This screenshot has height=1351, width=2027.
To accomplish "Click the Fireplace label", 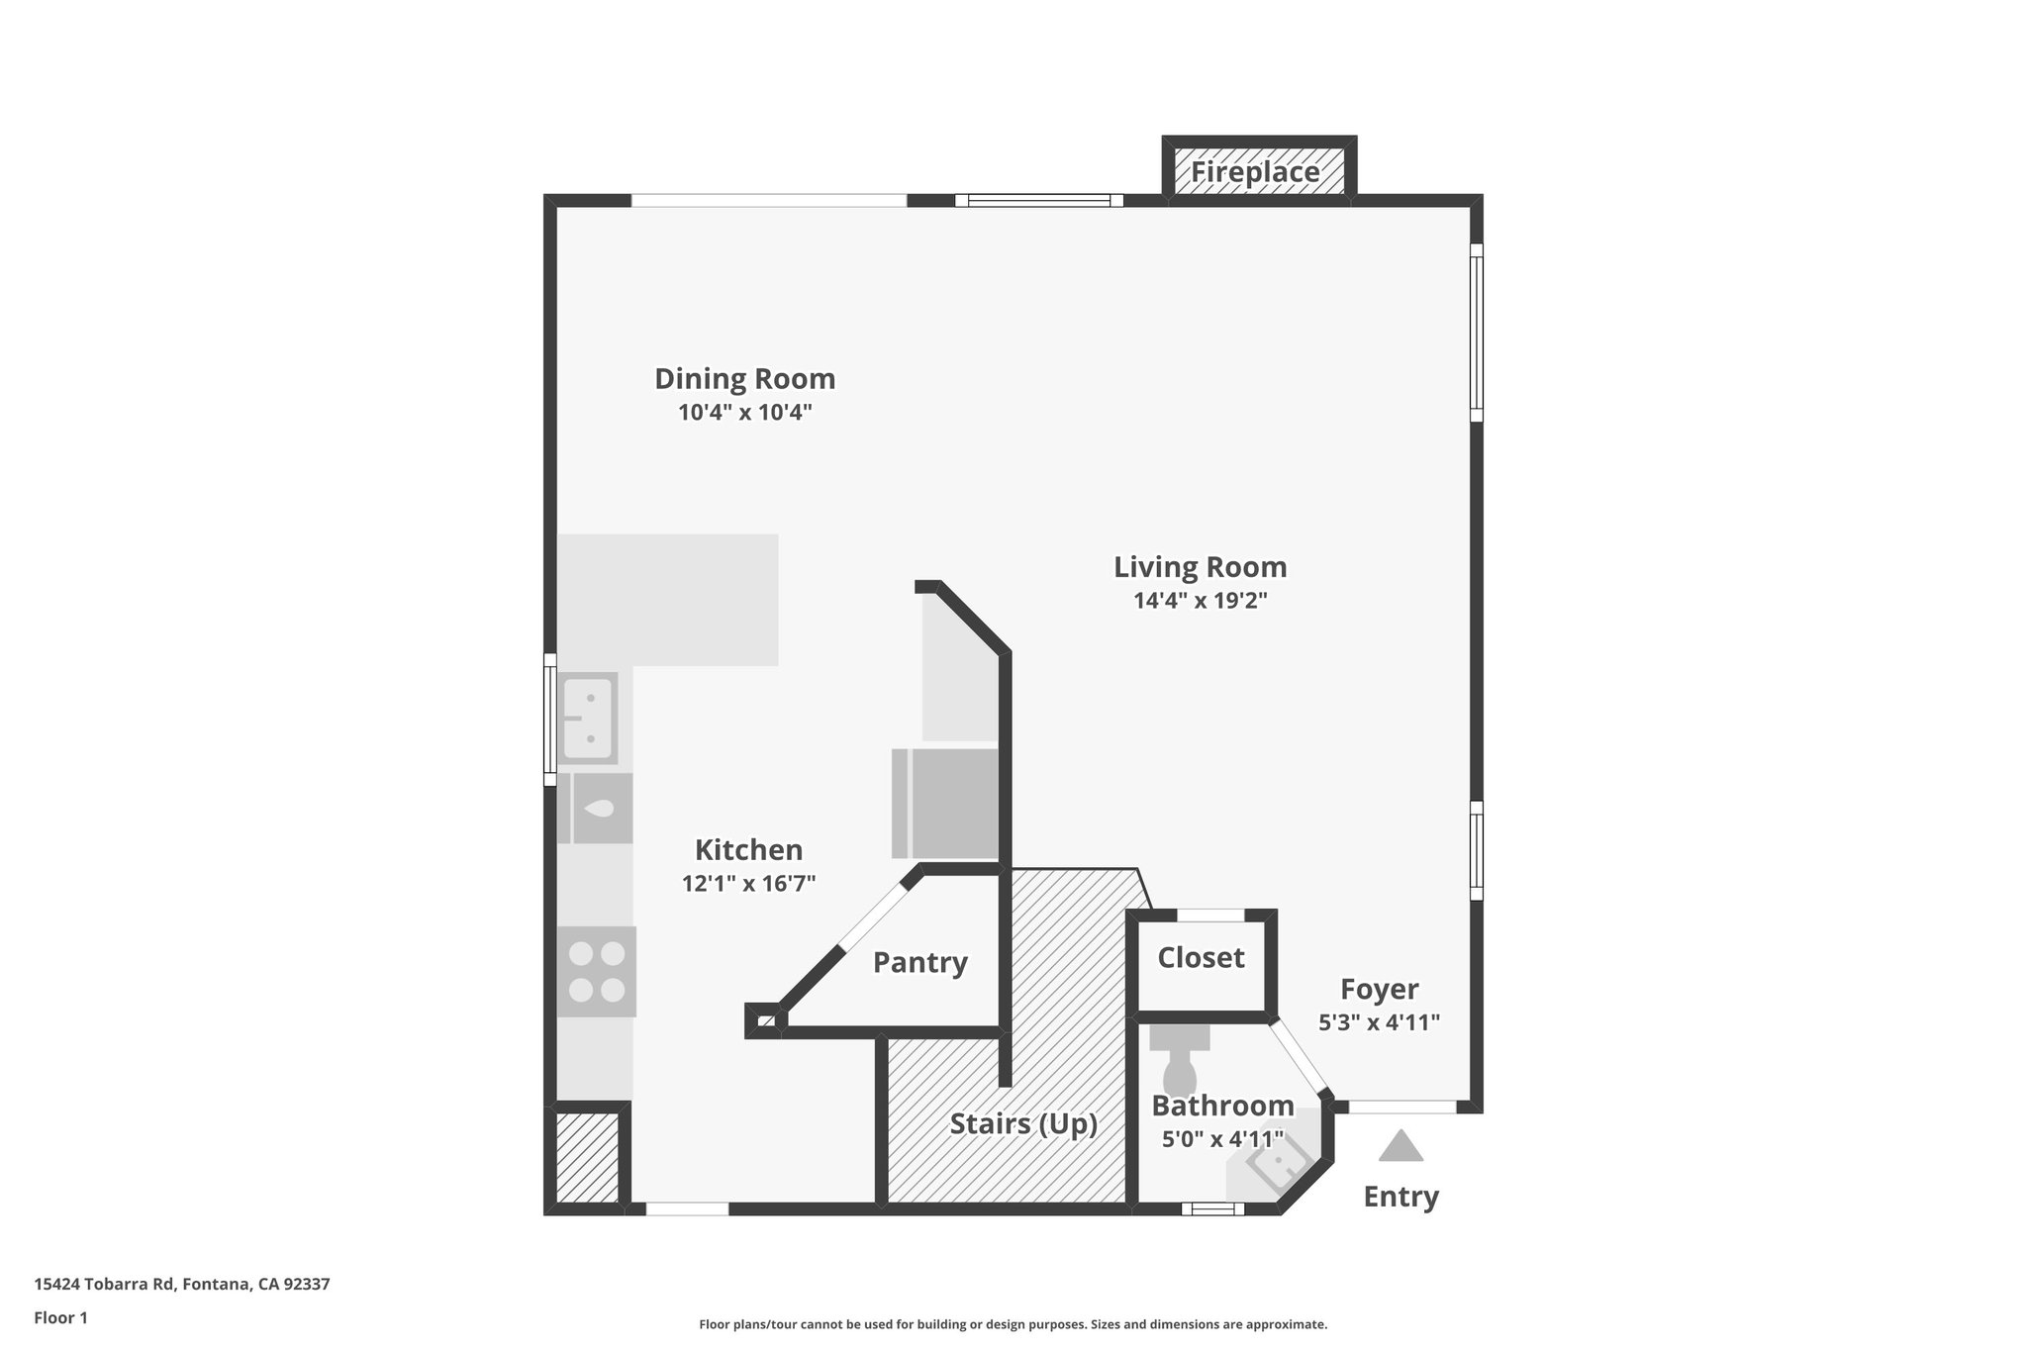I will (x=1255, y=172).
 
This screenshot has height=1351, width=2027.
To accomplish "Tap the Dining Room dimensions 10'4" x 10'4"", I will (x=744, y=413).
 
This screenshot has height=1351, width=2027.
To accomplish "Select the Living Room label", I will (x=1200, y=567).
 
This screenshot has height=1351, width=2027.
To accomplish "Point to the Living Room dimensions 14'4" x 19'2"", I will (x=1200, y=601).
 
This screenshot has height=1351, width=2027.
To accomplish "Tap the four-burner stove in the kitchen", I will (x=597, y=971).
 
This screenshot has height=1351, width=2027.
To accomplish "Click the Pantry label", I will (x=919, y=962).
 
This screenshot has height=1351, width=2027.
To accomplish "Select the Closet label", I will (x=1201, y=957).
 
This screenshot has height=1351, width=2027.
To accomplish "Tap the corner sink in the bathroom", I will (x=1278, y=1165).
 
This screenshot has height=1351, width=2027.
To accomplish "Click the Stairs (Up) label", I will (x=1023, y=1123).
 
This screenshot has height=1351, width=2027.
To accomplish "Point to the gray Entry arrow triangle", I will (x=1400, y=1147).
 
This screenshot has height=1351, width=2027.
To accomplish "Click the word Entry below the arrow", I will (x=1400, y=1197).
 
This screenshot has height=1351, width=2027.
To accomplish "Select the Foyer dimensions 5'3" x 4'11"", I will (x=1379, y=1022).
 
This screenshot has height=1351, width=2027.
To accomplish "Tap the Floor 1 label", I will (x=60, y=1317).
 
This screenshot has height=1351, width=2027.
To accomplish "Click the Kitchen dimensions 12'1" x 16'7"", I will (x=748, y=884).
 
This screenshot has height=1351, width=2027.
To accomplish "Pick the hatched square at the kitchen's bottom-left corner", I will (x=587, y=1158).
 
